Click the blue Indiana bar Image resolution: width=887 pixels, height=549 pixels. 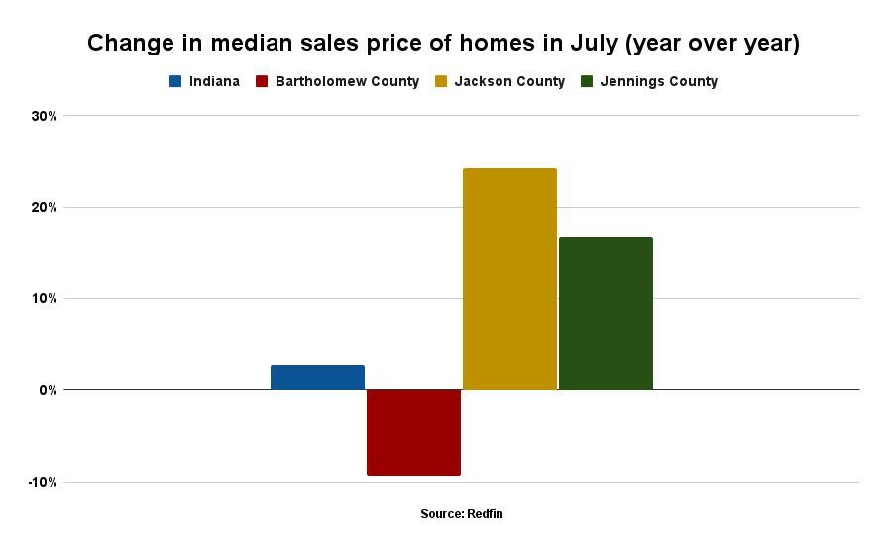pyautogui.click(x=317, y=378)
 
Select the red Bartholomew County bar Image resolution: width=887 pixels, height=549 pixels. pyautogui.click(x=413, y=432)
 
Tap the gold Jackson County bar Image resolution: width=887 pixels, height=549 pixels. pyautogui.click(x=509, y=279)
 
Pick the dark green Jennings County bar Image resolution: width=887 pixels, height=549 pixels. pyautogui.click(x=606, y=313)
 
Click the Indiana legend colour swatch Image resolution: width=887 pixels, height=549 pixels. pyautogui.click(x=175, y=81)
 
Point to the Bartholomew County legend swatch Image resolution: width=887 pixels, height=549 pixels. pyautogui.click(x=262, y=81)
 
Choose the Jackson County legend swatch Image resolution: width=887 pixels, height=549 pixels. pyautogui.click(x=440, y=81)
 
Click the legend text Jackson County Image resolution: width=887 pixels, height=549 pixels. pyautogui.click(x=509, y=81)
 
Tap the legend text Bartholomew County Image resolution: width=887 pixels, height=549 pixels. pyautogui.click(x=349, y=81)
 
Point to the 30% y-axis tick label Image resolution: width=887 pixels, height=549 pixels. pyautogui.click(x=45, y=116)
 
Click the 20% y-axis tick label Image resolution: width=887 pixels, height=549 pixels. pyautogui.click(x=45, y=208)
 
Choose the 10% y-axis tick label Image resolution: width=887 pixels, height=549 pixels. pyautogui.click(x=45, y=299)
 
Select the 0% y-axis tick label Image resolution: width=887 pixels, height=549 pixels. pyautogui.click(x=48, y=390)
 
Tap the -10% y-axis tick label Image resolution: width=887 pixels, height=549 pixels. pyautogui.click(x=43, y=483)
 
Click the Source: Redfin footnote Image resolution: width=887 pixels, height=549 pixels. pyautogui.click(x=455, y=514)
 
